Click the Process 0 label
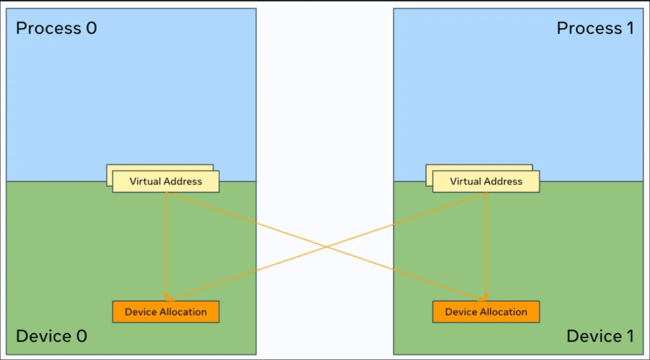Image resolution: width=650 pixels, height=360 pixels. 56,28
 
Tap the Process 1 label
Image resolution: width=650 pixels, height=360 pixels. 595,28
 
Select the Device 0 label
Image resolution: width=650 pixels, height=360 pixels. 51,336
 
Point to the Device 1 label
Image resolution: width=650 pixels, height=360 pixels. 600,336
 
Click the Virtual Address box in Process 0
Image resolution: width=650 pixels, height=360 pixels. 166,181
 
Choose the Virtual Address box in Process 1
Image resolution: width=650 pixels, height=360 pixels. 486,181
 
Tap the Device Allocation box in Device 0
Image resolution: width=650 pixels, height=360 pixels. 166,312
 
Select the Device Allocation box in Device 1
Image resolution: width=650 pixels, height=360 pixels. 486,312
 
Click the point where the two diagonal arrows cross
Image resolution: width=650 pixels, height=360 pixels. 326,247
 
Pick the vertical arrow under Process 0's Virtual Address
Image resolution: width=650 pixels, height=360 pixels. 166,246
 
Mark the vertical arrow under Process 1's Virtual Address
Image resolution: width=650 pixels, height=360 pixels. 486,246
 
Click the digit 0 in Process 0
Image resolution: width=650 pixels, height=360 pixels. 91,28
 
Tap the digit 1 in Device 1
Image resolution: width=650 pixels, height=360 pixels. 630,336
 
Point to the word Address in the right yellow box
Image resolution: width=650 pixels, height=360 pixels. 504,181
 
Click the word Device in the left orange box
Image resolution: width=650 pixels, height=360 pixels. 141,312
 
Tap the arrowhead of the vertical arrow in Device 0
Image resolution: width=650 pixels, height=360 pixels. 166,297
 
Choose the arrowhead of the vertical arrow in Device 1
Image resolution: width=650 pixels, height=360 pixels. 486,297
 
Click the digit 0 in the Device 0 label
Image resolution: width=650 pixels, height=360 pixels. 81,336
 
